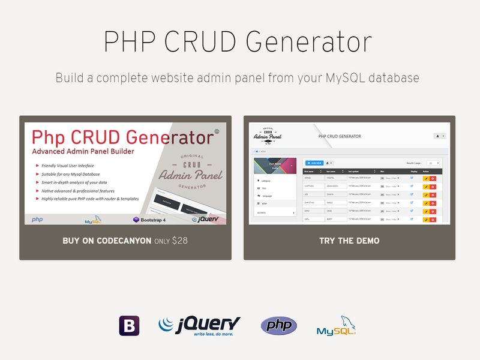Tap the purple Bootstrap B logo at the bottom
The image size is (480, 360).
(x=129, y=325)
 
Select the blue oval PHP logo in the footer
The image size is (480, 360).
(x=278, y=325)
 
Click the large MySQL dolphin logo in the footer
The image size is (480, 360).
(x=336, y=326)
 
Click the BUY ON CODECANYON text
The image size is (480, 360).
(x=107, y=241)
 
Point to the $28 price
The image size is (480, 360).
(x=179, y=241)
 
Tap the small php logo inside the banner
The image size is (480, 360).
(x=37, y=220)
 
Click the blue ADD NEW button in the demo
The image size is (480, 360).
(x=315, y=163)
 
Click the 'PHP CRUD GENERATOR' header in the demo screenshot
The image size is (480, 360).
(x=340, y=136)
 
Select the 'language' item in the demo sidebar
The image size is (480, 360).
(x=268, y=196)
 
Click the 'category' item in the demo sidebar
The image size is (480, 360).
(x=268, y=181)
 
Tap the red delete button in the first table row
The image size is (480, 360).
(x=433, y=178)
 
